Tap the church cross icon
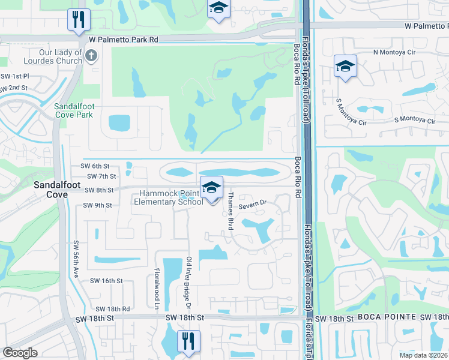[x=91, y=56]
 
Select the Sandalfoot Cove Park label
[x=74, y=110]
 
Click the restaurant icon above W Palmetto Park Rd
[x=79, y=20]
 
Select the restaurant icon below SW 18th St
[x=188, y=341]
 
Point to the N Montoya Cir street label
[x=394, y=52]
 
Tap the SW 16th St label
[x=106, y=281]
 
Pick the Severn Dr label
[x=252, y=206]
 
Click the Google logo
[x=20, y=353]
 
